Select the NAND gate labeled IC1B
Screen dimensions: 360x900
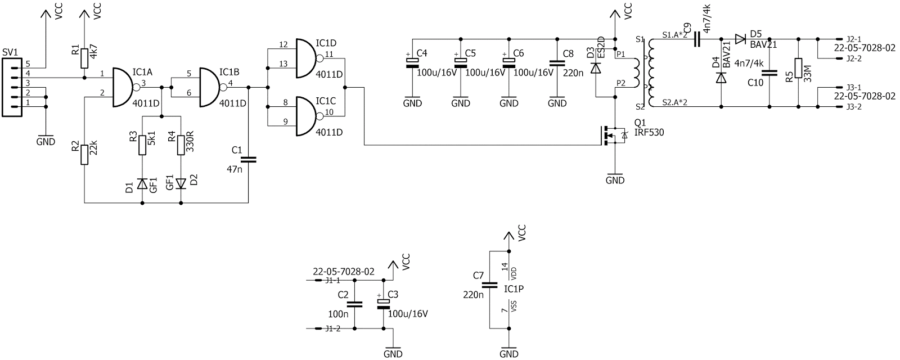point(210,87)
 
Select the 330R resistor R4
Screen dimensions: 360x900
point(181,144)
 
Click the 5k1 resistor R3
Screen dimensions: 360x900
point(142,144)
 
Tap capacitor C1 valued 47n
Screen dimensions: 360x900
point(248,160)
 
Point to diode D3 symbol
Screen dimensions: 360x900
point(596,68)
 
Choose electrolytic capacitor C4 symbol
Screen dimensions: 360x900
point(413,62)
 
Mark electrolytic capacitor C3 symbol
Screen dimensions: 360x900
point(383,304)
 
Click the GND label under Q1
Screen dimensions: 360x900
point(615,181)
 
